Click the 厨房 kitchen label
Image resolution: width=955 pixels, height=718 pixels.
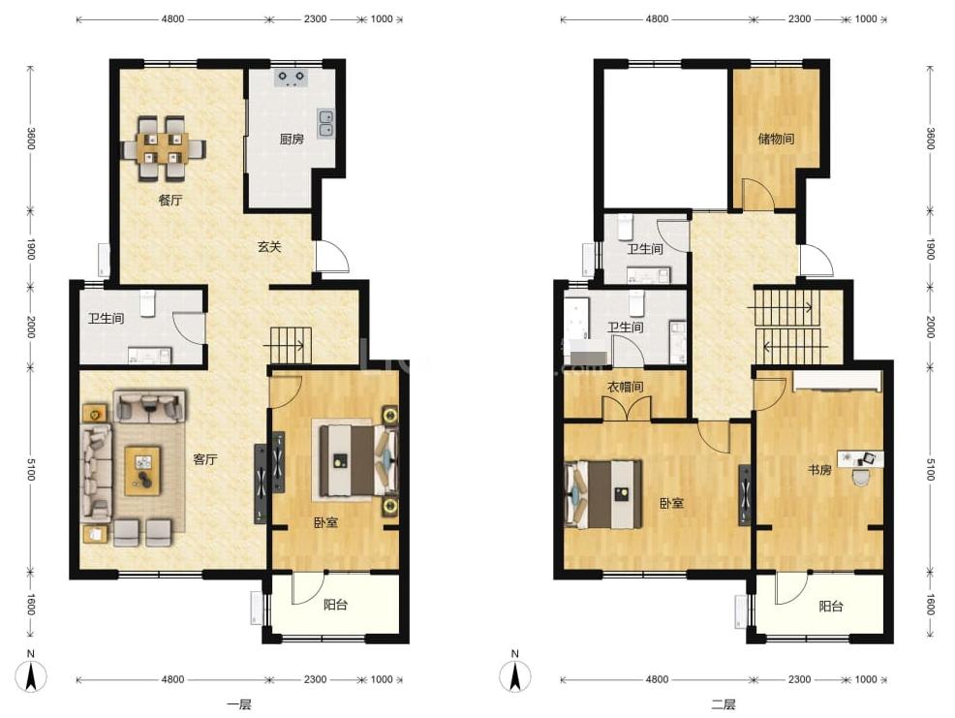pyautogui.click(x=292, y=139)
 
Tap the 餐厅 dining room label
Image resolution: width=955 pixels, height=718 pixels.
pyautogui.click(x=170, y=200)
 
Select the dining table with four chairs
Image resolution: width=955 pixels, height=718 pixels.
pyautogui.click(x=164, y=148)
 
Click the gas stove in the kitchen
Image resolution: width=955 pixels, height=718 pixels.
pyautogui.click(x=292, y=78)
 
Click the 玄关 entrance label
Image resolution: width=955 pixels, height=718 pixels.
pyautogui.click(x=269, y=247)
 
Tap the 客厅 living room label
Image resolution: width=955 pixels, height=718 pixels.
pyautogui.click(x=204, y=459)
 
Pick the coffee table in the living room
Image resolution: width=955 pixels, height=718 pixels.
pyautogui.click(x=143, y=471)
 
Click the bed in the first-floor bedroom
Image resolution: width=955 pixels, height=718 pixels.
pyautogui.click(x=356, y=460)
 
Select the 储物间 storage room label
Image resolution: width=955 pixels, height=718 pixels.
pyautogui.click(x=776, y=139)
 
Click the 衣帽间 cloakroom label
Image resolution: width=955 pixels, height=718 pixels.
pyautogui.click(x=626, y=387)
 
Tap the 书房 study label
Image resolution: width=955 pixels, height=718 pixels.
pyautogui.click(x=819, y=469)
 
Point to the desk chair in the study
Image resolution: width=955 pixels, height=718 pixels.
pyautogui.click(x=861, y=478)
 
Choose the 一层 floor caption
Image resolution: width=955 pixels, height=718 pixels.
pyautogui.click(x=239, y=704)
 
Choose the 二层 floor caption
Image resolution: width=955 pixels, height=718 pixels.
pyautogui.click(x=724, y=704)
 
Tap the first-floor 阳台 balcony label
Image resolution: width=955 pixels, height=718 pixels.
pyautogui.click(x=335, y=605)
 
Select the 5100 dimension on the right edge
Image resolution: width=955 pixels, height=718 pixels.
pyautogui.click(x=930, y=469)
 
